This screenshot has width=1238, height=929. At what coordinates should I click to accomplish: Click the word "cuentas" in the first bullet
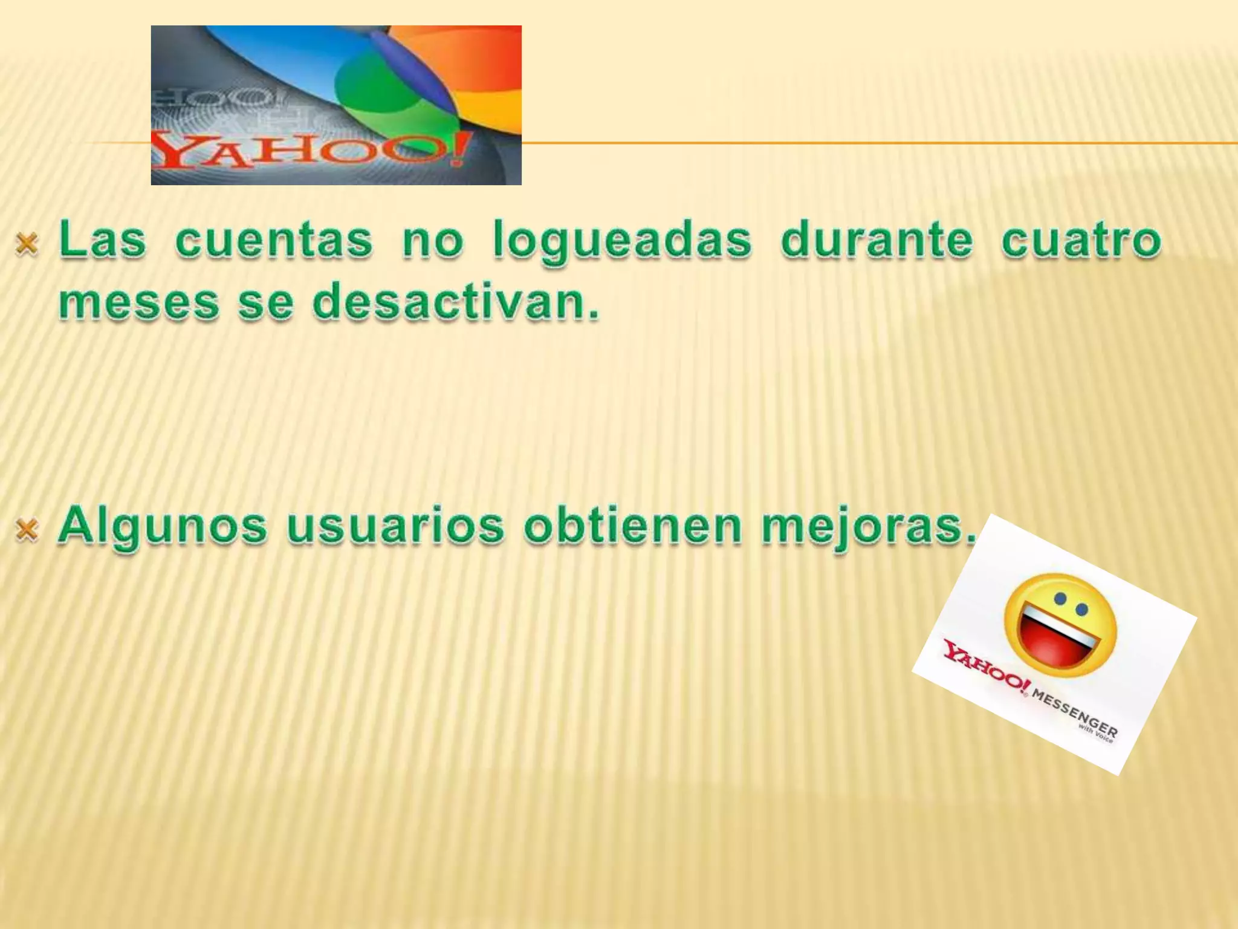point(274,240)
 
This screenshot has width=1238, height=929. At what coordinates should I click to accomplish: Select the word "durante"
point(877,240)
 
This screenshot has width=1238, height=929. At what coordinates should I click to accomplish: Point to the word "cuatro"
point(1081,240)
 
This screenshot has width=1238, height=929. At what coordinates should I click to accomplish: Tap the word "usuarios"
point(395,526)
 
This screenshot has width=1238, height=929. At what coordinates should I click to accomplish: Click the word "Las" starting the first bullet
point(103,240)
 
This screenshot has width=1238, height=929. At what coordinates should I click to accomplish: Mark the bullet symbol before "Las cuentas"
point(27,244)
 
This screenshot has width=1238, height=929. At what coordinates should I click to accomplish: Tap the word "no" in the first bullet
point(433,240)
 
